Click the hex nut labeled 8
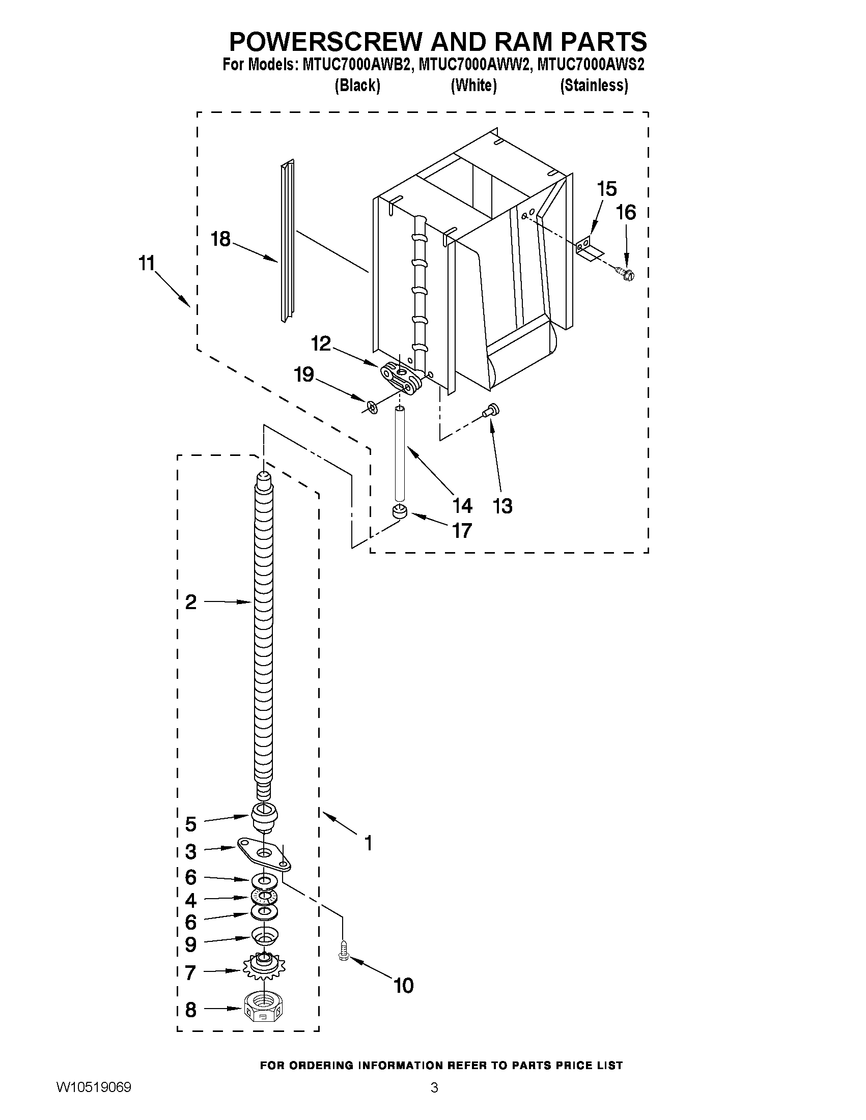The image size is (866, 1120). [x=264, y=1010]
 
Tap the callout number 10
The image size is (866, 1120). [x=403, y=986]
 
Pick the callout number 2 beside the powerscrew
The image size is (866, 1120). [x=190, y=601]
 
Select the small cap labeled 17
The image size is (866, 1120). [x=400, y=511]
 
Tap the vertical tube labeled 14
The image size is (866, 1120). [x=400, y=453]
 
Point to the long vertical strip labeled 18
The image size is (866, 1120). [x=287, y=241]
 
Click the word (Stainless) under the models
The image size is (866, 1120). [x=594, y=85]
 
